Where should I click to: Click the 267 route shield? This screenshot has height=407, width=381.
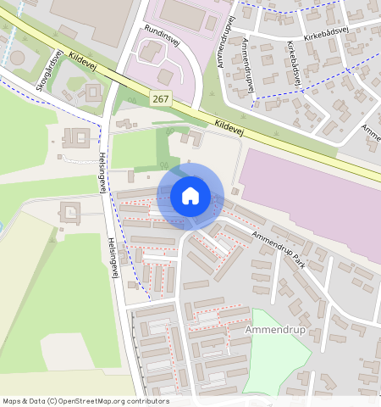(x=161, y=99)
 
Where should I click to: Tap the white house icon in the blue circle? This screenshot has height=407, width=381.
(x=190, y=196)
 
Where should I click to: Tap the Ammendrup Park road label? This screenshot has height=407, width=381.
(x=279, y=250)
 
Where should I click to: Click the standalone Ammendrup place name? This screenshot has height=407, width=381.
(x=270, y=327)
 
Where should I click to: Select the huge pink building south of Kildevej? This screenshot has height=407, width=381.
(x=309, y=195)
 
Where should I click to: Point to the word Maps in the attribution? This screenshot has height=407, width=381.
(x=13, y=401)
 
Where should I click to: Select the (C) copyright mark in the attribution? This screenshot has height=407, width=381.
(x=52, y=401)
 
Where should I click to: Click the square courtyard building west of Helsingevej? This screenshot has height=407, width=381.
(x=75, y=137)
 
